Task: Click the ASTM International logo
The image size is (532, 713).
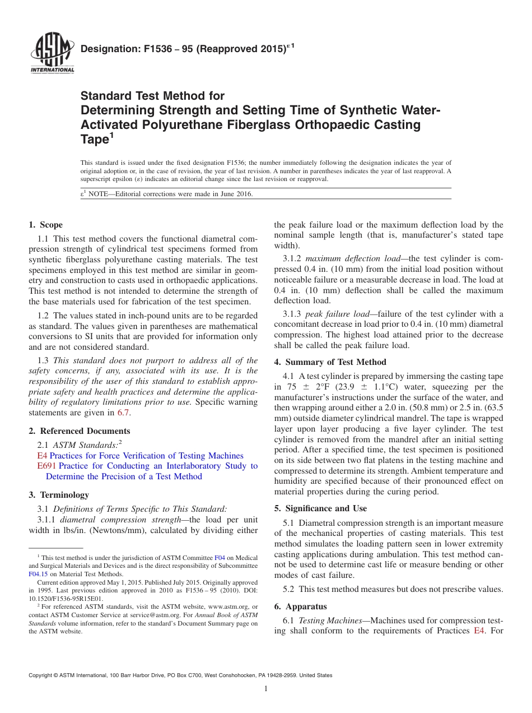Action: click(52, 55)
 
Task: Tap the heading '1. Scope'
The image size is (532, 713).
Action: click(45, 225)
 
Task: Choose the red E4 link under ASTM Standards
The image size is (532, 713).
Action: click(41, 456)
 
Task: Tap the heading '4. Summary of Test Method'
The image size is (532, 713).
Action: click(330, 362)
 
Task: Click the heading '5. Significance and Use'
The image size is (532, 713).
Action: click(320, 508)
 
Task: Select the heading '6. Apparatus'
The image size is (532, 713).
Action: click(300, 606)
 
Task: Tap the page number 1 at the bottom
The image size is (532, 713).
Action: click(267, 689)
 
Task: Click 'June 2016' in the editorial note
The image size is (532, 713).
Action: click(237, 194)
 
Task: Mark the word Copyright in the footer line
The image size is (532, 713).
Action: click(43, 675)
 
